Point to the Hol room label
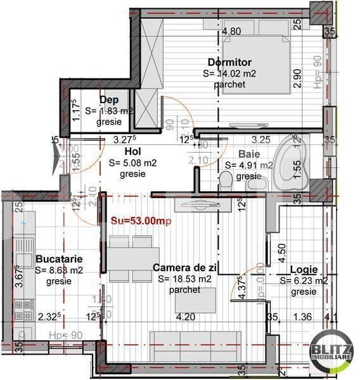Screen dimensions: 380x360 click(132, 152)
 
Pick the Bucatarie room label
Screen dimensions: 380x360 click(59, 259)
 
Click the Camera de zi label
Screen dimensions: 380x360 click(185, 268)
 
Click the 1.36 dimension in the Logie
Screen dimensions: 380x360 click(304, 317)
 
